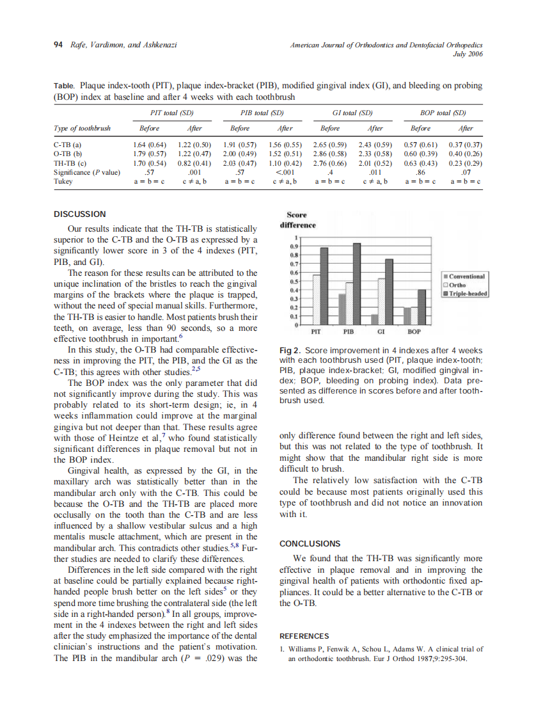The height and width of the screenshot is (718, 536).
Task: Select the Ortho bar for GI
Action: point(381,301)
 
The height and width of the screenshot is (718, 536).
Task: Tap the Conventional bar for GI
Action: point(374,319)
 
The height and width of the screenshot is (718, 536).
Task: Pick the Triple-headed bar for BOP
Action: point(422,307)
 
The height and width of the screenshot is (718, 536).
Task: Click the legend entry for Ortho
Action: point(457,285)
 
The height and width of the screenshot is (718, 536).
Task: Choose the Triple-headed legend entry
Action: point(466,294)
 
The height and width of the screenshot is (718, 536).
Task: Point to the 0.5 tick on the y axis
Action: point(294,281)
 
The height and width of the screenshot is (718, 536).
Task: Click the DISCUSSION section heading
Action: point(80,214)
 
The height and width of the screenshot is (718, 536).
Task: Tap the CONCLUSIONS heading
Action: point(310,543)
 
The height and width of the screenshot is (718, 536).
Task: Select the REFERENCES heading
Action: point(304,636)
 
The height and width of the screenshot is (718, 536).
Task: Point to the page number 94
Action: point(58,45)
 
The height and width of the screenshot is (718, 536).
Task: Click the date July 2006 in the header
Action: point(467,54)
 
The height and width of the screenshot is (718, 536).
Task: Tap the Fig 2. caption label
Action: point(290,351)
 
